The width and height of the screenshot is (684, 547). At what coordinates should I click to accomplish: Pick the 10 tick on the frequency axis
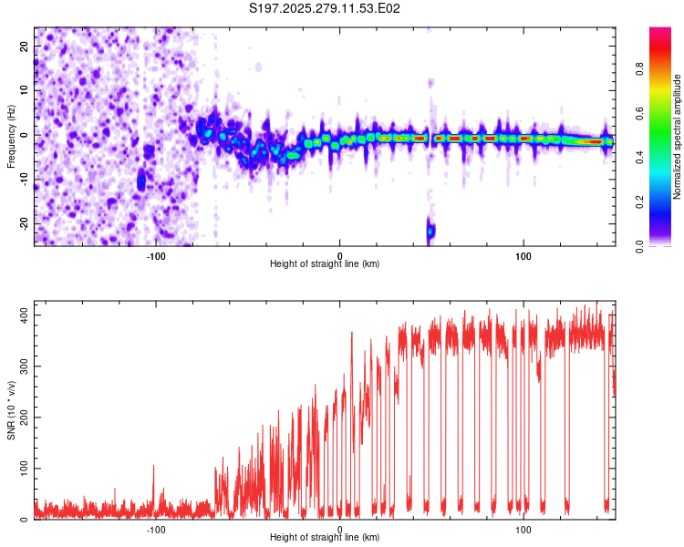25,89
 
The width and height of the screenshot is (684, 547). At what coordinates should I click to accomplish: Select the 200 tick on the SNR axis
21,417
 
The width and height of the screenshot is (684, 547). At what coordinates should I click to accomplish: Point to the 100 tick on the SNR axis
21,468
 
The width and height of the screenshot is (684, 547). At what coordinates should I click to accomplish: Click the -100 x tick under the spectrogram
155,255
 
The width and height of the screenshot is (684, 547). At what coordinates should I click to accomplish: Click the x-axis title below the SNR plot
325,538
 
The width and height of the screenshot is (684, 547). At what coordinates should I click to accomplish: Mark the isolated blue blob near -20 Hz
430,231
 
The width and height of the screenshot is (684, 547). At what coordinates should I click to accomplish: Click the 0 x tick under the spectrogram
339,255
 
